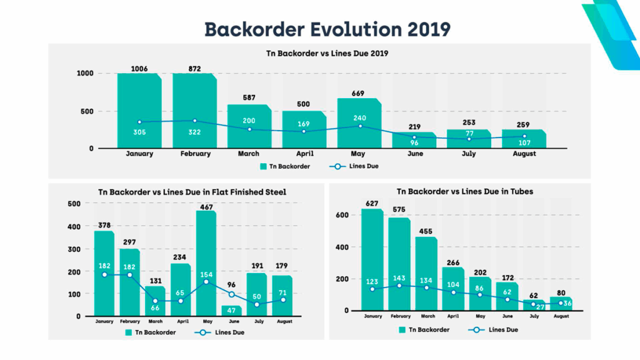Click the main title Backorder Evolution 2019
tap(327, 29)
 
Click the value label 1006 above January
tap(139, 68)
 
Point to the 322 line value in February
tap(194, 132)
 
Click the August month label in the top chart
tap(524, 154)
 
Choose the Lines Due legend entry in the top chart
tap(354, 166)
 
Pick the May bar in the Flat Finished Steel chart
tap(206, 263)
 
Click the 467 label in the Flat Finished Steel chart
tap(206, 206)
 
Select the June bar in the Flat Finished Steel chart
tap(231, 311)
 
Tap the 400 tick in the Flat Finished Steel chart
tap(74, 226)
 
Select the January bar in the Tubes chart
tap(372, 259)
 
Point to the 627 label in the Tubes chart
tap(372, 203)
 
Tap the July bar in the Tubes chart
tap(533, 305)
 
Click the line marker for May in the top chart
tap(359, 126)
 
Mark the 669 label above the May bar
tap(359, 93)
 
